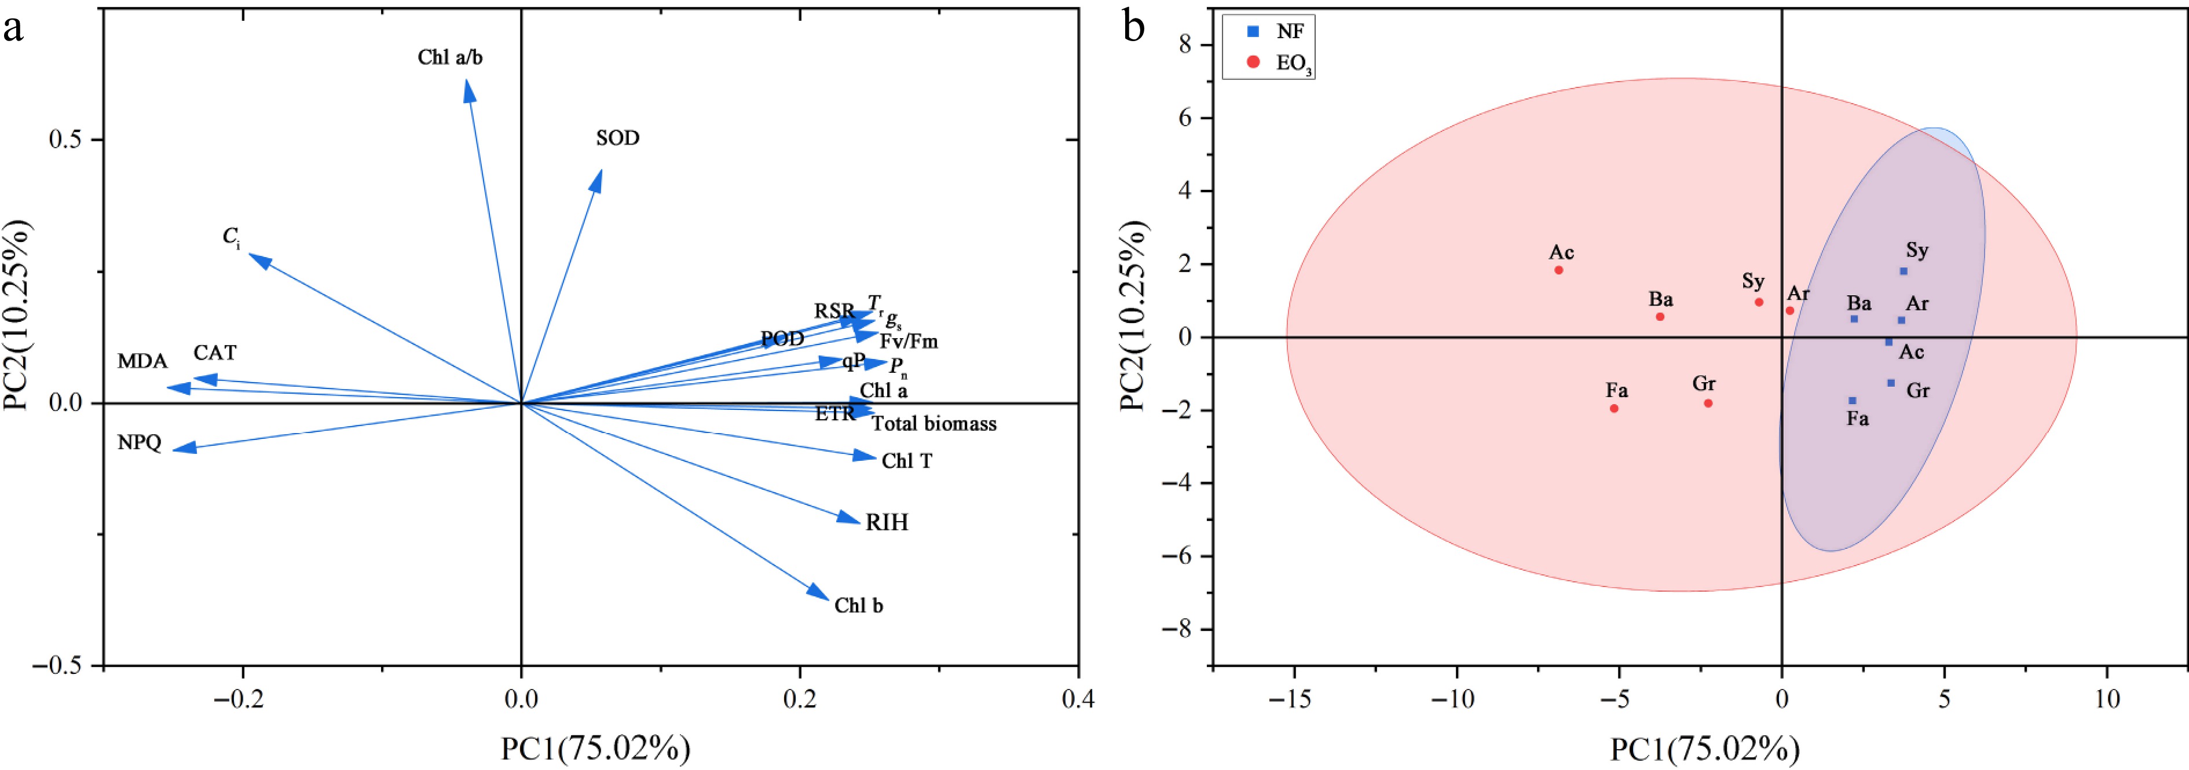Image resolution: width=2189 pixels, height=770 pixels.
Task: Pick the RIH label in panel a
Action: pos(886,522)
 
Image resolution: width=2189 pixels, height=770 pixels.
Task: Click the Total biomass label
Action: pos(934,423)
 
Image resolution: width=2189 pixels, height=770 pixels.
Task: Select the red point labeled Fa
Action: pos(1614,409)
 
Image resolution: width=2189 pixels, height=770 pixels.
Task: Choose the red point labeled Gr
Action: pos(1708,403)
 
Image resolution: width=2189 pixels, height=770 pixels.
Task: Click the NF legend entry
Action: pos(1289,31)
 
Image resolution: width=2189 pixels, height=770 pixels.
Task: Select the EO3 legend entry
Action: pos(1293,63)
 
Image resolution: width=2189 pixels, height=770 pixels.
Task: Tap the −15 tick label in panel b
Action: pos(1289,699)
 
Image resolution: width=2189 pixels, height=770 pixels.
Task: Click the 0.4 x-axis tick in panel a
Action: pos(1078,699)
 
